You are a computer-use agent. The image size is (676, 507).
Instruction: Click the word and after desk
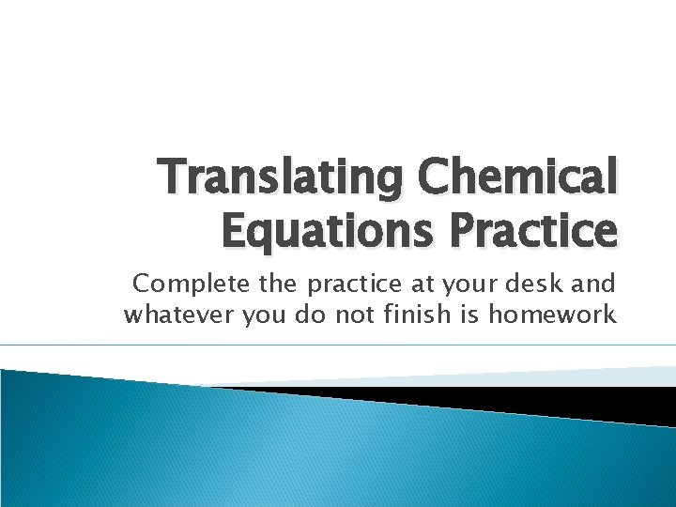[x=595, y=283]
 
